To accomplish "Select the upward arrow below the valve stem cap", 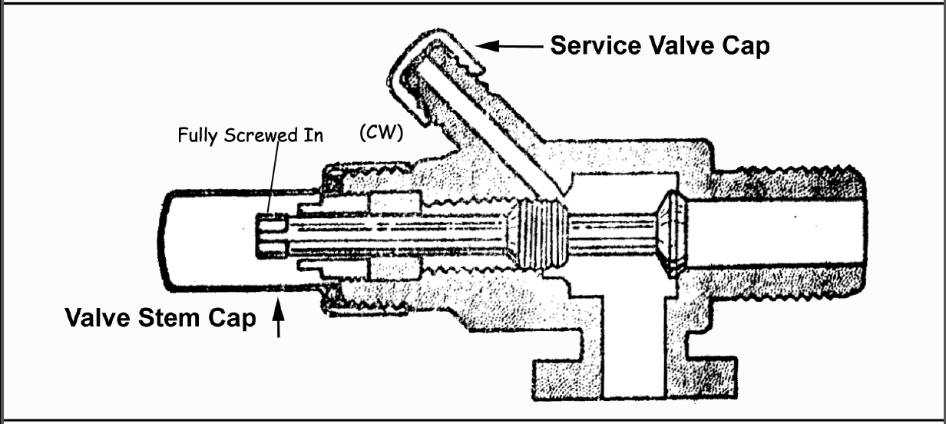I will (x=279, y=320).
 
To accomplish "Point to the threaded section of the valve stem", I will (x=542, y=234).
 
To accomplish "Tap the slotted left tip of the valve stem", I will (x=270, y=234).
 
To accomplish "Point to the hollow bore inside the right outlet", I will (x=776, y=234).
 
